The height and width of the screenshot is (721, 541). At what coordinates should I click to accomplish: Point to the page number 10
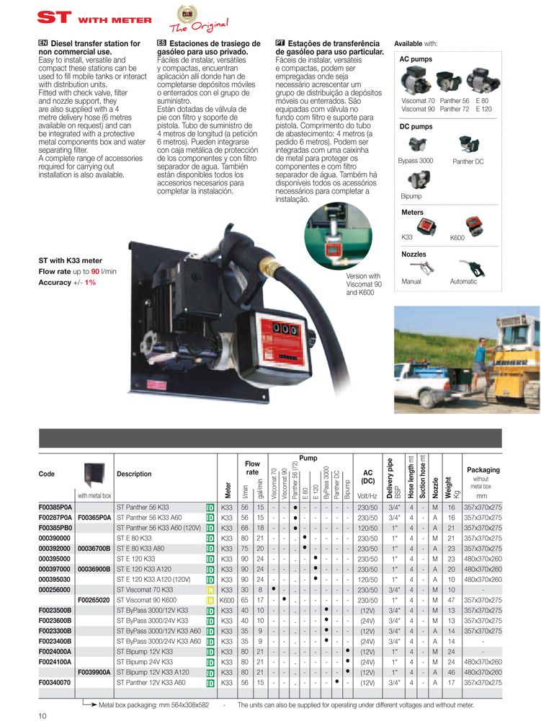43,714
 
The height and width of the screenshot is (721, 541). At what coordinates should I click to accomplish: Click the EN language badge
42,43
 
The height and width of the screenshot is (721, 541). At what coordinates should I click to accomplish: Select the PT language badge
280,43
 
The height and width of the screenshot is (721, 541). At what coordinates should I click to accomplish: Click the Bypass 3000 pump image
416,145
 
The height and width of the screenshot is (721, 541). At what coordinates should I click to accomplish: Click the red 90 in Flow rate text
94,271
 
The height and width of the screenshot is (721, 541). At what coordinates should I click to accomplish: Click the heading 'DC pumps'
416,126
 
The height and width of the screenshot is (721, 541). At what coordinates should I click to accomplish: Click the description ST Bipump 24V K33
144,660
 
